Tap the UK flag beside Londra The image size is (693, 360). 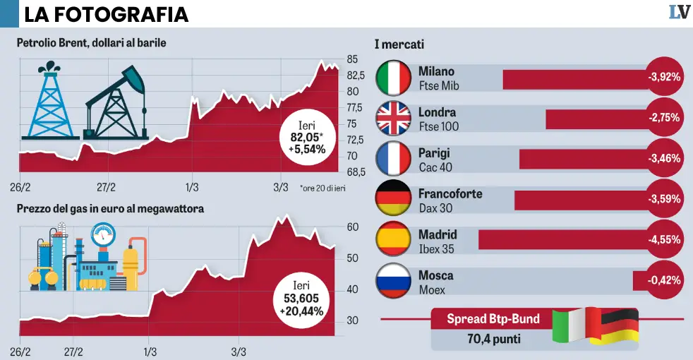pyautogui.click(x=394, y=119)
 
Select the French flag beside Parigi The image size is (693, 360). pyautogui.click(x=394, y=160)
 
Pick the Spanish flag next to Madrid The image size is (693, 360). pyautogui.click(x=394, y=241)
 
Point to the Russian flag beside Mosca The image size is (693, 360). pyautogui.click(x=394, y=282)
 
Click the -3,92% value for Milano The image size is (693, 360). pyautogui.click(x=664, y=78)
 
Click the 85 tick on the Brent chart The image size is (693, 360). pyautogui.click(x=352, y=59)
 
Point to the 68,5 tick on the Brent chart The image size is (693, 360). pyautogui.click(x=355, y=173)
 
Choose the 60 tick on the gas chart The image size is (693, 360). pyautogui.click(x=352, y=227)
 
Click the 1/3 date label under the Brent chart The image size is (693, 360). pyautogui.click(x=192, y=187)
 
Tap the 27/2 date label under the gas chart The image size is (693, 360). pyautogui.click(x=73, y=352)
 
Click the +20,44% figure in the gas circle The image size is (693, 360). pyautogui.click(x=301, y=311)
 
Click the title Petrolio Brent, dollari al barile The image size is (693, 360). pyautogui.click(x=92, y=43)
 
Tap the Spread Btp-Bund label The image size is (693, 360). pyautogui.click(x=493, y=319)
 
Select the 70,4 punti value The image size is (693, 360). pyautogui.click(x=493, y=340)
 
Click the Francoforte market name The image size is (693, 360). pyautogui.click(x=450, y=193)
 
